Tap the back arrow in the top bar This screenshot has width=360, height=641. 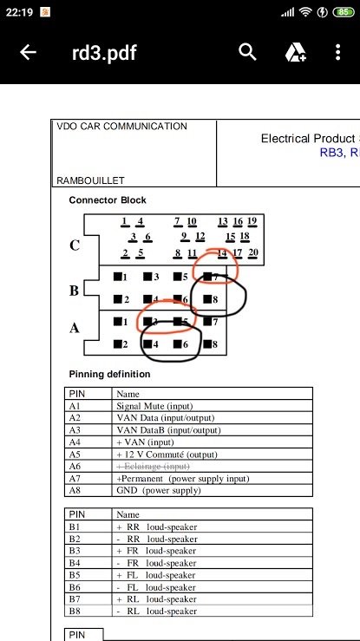coord(29,52)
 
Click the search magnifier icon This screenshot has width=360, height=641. coord(247,52)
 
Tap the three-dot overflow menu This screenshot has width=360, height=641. coord(337,52)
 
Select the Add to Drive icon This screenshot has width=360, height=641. coord(296,52)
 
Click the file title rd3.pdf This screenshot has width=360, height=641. coord(104,53)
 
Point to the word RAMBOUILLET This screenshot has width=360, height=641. coord(90,180)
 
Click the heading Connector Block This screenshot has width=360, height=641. coord(108,200)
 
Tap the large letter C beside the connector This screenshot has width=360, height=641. coord(75,245)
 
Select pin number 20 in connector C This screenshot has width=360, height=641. coord(253,252)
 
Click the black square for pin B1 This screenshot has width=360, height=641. coord(118,277)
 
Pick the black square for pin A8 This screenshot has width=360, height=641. coord(207,344)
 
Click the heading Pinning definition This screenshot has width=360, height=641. coord(109,374)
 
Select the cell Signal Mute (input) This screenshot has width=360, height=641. coord(154,406)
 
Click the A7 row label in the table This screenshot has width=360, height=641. coord(75,478)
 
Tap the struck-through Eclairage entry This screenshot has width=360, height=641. coord(154,467)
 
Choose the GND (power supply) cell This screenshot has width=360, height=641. coord(159,490)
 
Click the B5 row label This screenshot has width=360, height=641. coord(75,575)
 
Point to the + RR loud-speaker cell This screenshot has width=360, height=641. coord(157,527)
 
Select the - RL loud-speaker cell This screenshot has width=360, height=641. coord(157,612)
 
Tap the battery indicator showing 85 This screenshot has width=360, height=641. coord(344,12)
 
